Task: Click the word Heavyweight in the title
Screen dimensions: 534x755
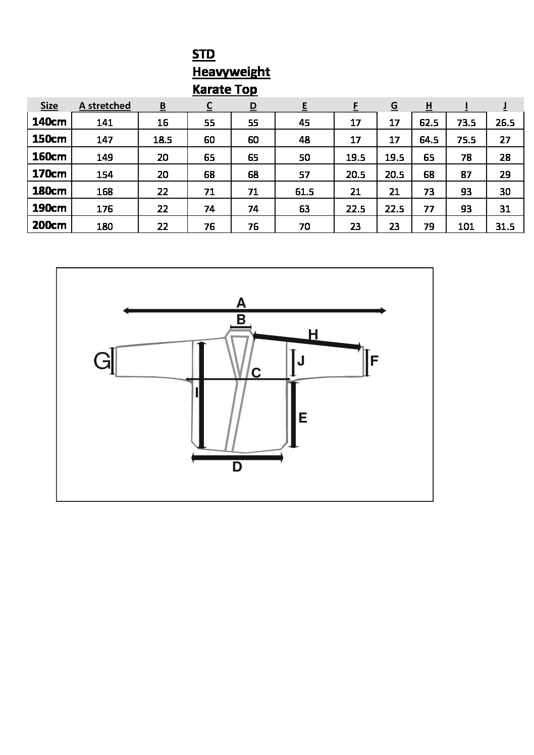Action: (231, 72)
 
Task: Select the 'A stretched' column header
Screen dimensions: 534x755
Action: (104, 106)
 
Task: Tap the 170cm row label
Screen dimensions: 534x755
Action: (49, 173)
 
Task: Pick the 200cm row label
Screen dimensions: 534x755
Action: (49, 225)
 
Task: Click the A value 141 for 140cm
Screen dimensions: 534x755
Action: (104, 123)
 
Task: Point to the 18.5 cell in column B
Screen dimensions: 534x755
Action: (163, 140)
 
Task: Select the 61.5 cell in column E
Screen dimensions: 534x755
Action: (304, 192)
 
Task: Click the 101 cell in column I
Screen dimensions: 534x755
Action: (466, 226)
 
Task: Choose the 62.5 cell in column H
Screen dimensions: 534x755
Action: (429, 123)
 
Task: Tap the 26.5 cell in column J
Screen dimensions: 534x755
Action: (505, 123)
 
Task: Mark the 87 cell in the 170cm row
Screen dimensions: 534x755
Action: (466, 175)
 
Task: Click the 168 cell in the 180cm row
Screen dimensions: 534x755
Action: (104, 192)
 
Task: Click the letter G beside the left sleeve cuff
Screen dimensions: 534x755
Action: (101, 361)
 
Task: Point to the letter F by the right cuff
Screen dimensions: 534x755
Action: (374, 361)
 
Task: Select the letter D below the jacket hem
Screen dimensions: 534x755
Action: (237, 467)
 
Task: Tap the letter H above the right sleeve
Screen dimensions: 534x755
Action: (313, 335)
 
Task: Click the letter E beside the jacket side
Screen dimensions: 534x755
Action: (303, 418)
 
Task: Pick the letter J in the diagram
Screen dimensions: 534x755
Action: (301, 361)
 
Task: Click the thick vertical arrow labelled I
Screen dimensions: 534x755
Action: (202, 395)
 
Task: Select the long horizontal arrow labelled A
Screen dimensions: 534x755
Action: (254, 311)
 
